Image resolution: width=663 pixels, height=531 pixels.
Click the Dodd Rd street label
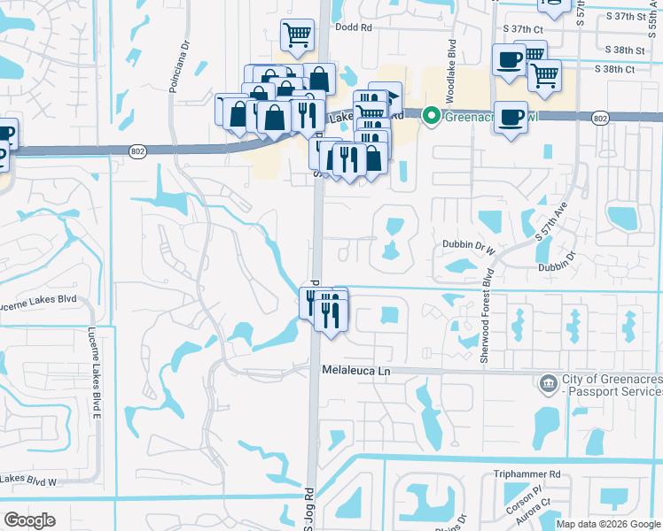tap(353, 27)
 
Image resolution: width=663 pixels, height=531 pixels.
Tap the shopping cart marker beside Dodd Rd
tap(297, 35)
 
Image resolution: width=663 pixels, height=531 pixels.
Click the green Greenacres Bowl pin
tap(432, 115)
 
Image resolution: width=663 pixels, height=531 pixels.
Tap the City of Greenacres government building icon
tap(548, 383)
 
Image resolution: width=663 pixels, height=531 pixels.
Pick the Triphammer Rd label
tap(527, 474)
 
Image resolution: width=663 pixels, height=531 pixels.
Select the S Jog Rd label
tap(309, 506)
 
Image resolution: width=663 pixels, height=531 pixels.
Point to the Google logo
tap(29, 520)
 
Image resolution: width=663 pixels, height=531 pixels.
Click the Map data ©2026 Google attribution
tap(607, 524)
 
